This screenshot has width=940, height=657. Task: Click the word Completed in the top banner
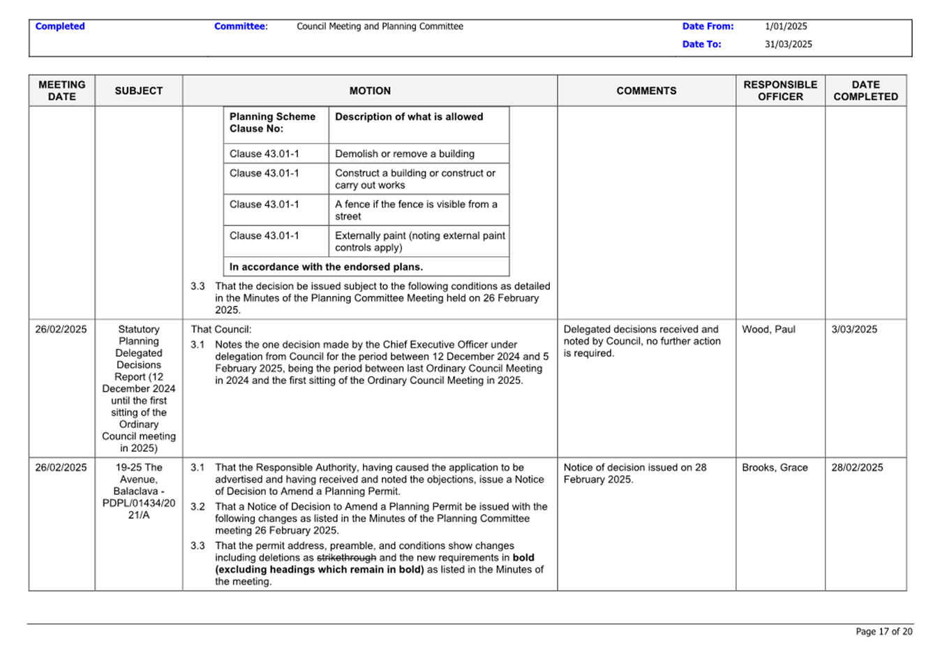(x=60, y=27)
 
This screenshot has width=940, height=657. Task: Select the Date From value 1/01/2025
(x=786, y=27)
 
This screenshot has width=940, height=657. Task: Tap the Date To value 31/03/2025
(x=788, y=44)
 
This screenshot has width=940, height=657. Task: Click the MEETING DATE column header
(x=61, y=91)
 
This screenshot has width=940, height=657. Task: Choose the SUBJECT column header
(x=139, y=91)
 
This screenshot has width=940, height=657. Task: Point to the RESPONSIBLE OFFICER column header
(x=780, y=91)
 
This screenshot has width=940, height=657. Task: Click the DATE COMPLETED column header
(x=865, y=91)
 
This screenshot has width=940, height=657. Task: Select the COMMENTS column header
(x=646, y=91)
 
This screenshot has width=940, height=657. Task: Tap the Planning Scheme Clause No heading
(x=272, y=123)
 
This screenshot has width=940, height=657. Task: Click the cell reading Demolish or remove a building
(x=405, y=154)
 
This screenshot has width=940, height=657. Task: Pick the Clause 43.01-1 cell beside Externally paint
(x=264, y=236)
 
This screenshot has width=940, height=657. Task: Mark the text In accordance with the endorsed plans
(x=326, y=267)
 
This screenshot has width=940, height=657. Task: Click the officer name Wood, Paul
(x=768, y=330)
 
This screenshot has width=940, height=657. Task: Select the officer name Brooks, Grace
(x=775, y=468)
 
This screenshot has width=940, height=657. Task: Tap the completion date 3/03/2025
(x=854, y=330)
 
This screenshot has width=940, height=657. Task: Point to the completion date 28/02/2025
(x=857, y=468)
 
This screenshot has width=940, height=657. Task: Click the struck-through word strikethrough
(x=346, y=558)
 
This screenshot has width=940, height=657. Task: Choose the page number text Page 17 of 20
(x=883, y=631)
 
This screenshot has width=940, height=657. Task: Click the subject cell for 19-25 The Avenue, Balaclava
(x=139, y=491)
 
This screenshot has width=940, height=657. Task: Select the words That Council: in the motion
(x=221, y=330)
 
